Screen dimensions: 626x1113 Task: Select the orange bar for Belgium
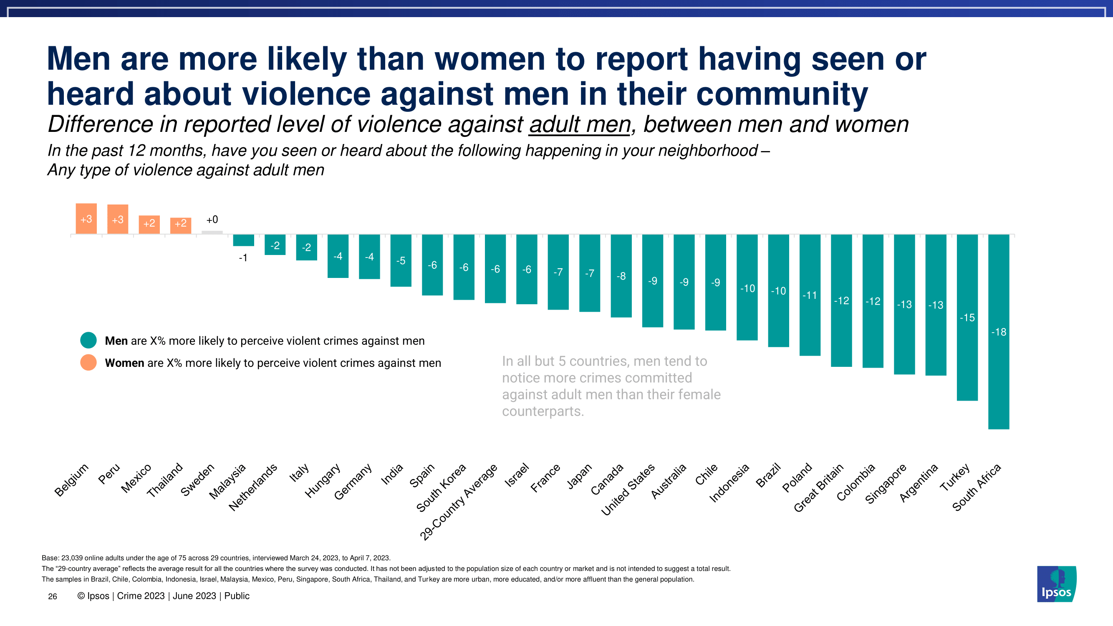(86, 219)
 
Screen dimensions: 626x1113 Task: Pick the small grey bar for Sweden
(212, 232)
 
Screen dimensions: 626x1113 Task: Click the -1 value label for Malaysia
(243, 258)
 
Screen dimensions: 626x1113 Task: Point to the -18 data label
(999, 332)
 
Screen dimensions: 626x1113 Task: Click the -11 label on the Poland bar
(810, 295)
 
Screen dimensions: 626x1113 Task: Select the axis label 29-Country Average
(459, 502)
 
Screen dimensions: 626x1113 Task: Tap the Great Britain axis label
(819, 488)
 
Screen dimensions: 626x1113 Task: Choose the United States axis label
(628, 490)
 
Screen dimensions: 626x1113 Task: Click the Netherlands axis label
(253, 487)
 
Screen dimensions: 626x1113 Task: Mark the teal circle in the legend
(88, 341)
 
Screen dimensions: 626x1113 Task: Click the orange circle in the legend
(88, 363)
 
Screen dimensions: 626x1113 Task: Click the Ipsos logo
(1056, 584)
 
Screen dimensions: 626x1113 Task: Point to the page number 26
(52, 597)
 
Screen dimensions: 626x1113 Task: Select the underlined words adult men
(579, 124)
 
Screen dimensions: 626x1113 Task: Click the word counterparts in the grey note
(542, 411)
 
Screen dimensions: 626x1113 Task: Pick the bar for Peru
(118, 219)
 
